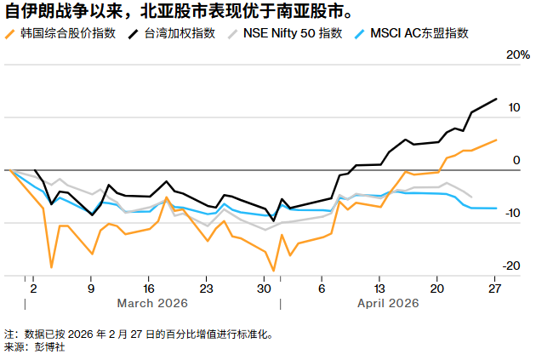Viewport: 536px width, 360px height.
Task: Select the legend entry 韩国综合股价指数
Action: click(65, 34)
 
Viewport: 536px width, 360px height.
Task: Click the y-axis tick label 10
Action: click(513, 108)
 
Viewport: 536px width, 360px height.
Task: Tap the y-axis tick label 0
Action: click(516, 161)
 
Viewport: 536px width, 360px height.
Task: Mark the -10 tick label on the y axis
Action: click(510, 214)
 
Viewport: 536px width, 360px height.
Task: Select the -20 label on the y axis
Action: click(510, 266)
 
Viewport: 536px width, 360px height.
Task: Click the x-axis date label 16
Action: click(148, 287)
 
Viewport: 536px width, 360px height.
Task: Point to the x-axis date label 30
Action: click(264, 287)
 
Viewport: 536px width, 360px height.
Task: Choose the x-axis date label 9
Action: click(91, 287)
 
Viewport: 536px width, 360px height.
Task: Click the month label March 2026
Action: click(152, 303)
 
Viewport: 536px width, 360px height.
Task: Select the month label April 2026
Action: click(388, 303)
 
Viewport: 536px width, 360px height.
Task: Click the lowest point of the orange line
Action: click(274, 271)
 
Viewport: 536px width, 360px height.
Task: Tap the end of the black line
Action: click(496, 100)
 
